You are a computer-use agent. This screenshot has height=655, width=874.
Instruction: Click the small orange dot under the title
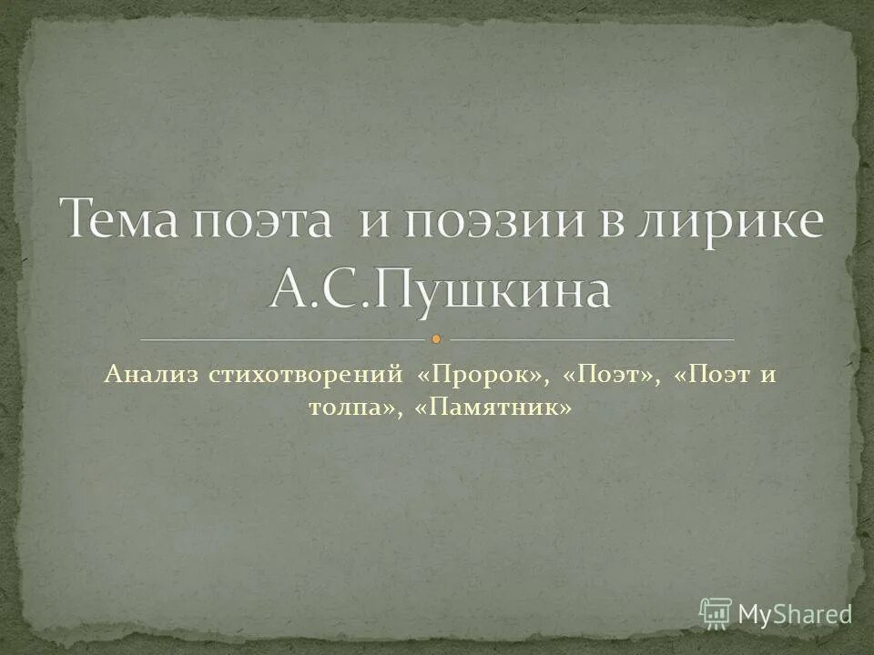pos(436,339)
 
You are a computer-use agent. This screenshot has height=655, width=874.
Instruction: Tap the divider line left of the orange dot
pos(282,339)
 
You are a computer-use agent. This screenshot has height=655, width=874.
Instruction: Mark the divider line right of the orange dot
pos(592,339)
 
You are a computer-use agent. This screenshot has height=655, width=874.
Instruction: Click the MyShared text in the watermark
pos(794,612)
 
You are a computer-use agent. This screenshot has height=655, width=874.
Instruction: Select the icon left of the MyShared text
pos(716,612)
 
